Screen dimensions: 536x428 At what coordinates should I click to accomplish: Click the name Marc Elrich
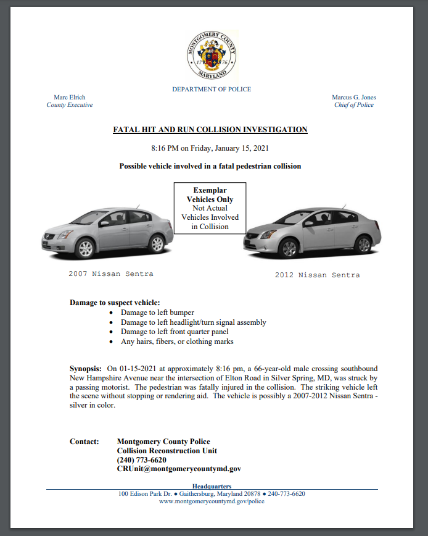(x=70, y=98)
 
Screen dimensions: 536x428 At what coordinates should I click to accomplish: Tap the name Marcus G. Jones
(x=353, y=98)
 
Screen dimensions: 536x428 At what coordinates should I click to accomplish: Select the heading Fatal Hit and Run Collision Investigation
(x=210, y=130)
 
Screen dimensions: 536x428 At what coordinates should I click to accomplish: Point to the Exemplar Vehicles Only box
(x=210, y=208)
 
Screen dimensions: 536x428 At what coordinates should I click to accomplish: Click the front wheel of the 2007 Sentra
(x=85, y=248)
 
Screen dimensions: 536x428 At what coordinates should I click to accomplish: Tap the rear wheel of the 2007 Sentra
(x=157, y=244)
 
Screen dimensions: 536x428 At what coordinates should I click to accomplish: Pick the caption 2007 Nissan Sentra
(x=111, y=273)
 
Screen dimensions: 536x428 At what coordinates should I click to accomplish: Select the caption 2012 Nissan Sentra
(x=317, y=275)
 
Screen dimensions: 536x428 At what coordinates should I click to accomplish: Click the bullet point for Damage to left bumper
(x=110, y=313)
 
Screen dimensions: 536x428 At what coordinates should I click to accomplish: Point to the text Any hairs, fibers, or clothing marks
(x=177, y=341)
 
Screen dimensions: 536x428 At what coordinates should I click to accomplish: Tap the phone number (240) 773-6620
(x=141, y=460)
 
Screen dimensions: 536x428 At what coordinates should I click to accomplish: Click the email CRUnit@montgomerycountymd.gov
(x=179, y=469)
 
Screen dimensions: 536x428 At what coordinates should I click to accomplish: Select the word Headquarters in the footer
(x=212, y=487)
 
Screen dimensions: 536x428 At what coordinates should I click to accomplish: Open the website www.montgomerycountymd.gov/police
(x=212, y=501)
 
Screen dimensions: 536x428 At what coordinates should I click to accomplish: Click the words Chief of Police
(x=353, y=105)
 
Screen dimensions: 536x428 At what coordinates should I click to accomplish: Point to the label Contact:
(x=84, y=442)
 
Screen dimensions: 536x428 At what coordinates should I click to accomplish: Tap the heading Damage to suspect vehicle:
(x=115, y=303)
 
